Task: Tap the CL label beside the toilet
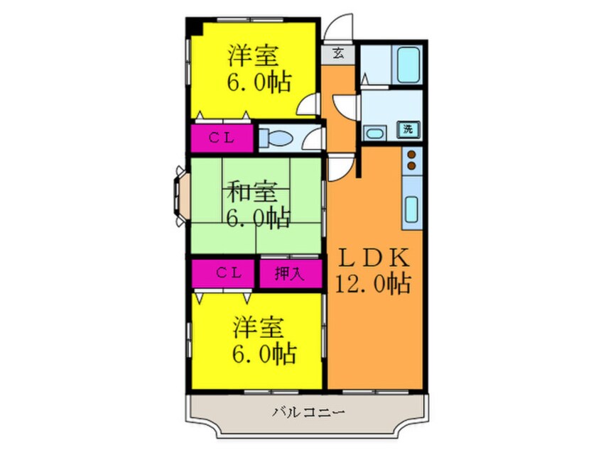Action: (221, 138)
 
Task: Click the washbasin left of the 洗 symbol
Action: (374, 132)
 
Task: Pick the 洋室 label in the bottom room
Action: (259, 329)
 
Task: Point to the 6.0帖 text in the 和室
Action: (258, 216)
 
